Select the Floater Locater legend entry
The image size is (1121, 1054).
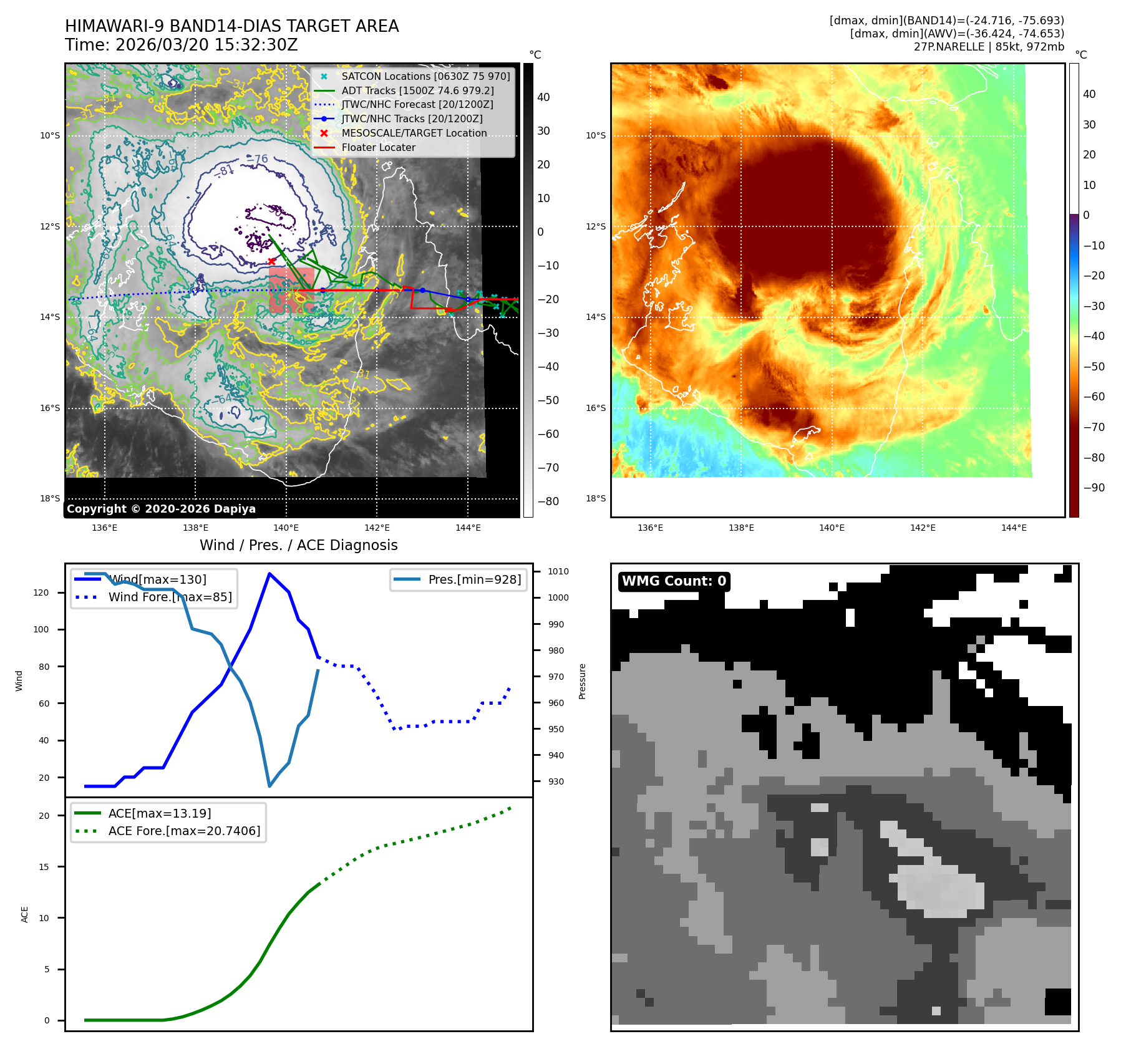tap(378, 147)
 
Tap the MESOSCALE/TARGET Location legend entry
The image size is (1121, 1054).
tap(414, 133)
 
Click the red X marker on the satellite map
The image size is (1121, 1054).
tap(271, 261)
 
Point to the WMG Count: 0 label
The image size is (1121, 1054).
tap(674, 581)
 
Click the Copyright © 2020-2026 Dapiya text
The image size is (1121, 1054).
tap(161, 509)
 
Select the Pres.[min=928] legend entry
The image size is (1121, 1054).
tap(474, 579)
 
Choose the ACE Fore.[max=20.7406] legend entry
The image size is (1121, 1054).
tap(184, 831)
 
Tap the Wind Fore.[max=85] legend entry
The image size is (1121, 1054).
tap(170, 597)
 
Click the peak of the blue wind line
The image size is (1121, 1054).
tap(269, 574)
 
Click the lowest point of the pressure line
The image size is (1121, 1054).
tap(269, 786)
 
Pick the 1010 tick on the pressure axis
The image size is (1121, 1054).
tap(558, 571)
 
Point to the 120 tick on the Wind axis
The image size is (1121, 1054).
tap(41, 592)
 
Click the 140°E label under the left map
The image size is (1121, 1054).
tap(286, 528)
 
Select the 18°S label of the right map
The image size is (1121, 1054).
tap(595, 498)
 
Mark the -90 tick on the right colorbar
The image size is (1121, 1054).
tap(1094, 488)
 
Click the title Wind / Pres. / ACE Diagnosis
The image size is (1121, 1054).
tap(298, 545)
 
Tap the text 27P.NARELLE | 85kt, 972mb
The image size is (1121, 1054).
tap(989, 47)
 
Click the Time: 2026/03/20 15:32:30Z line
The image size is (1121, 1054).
tap(182, 45)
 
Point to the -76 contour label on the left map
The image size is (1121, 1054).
tap(257, 160)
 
